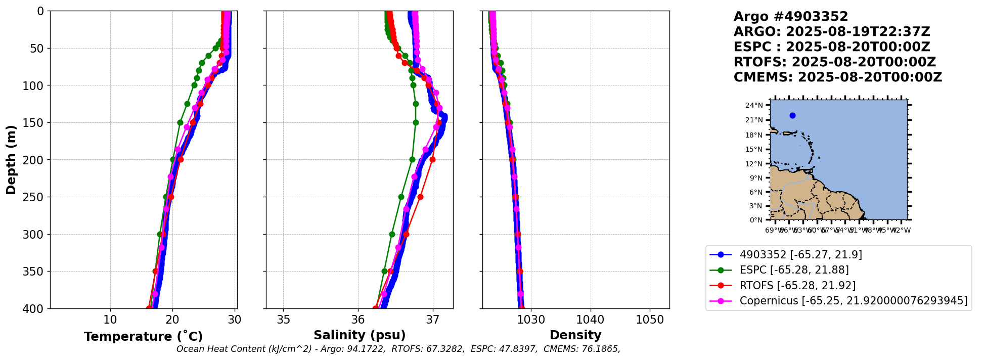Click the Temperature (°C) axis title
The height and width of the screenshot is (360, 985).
pos(143,337)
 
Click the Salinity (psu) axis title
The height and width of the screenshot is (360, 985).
pos(360,335)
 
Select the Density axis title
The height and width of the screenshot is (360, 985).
pos(575,335)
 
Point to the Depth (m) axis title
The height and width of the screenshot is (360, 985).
pos(11,160)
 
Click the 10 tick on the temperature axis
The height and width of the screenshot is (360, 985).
pos(110,320)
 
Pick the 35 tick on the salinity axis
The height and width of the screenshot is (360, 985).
pos(283,320)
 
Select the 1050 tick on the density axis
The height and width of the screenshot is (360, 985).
pos(650,320)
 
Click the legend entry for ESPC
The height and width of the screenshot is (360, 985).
pos(794,270)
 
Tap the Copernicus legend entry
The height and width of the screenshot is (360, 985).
pos(853,301)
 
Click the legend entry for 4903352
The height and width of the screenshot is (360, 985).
pos(800,255)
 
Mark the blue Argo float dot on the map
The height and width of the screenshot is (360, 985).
pos(792,115)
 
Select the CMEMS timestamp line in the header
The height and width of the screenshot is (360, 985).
pos(837,77)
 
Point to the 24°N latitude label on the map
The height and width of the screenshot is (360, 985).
pos(754,105)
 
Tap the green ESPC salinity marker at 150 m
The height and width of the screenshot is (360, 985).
pos(416,122)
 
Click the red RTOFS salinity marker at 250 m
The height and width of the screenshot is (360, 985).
pos(420,197)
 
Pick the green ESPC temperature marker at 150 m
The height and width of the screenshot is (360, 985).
pos(180,122)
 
